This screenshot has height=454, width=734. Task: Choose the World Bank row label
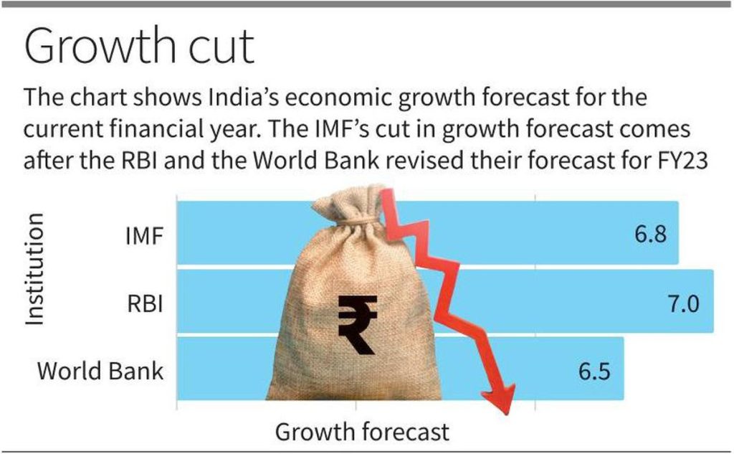100,371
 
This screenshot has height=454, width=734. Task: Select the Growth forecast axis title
362,432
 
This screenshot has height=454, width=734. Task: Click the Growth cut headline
139,47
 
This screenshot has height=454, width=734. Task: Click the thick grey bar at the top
367,4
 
